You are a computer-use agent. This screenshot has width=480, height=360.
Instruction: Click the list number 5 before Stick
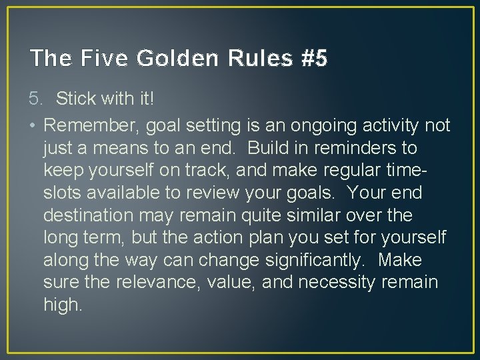(x=36, y=99)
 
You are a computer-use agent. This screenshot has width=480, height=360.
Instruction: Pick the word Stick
(x=75, y=99)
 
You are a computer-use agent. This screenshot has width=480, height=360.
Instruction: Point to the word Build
(x=265, y=147)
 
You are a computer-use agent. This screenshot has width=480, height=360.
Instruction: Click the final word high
(x=63, y=305)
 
